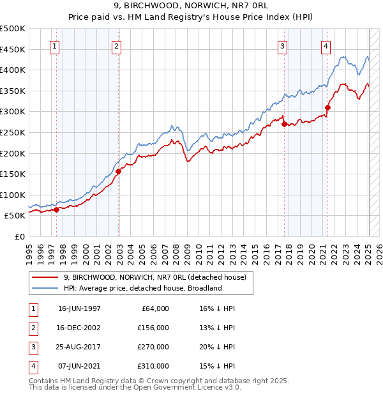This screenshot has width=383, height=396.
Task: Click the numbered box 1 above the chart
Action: (54, 45)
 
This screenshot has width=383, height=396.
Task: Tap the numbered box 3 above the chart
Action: (282, 45)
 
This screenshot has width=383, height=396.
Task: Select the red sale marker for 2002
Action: (118, 171)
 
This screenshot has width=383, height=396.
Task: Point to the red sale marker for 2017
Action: (284, 125)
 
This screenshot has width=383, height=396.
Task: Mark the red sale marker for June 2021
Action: (327, 107)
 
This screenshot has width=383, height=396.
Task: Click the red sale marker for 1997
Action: (56, 209)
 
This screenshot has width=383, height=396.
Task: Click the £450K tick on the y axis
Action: (13, 49)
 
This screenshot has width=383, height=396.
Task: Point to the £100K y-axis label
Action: (13, 195)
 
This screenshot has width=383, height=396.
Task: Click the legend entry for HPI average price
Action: (142, 288)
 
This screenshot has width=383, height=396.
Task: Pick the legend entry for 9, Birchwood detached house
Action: (159, 277)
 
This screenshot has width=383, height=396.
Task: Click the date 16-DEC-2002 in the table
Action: (79, 328)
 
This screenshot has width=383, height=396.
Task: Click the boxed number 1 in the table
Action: (33, 308)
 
